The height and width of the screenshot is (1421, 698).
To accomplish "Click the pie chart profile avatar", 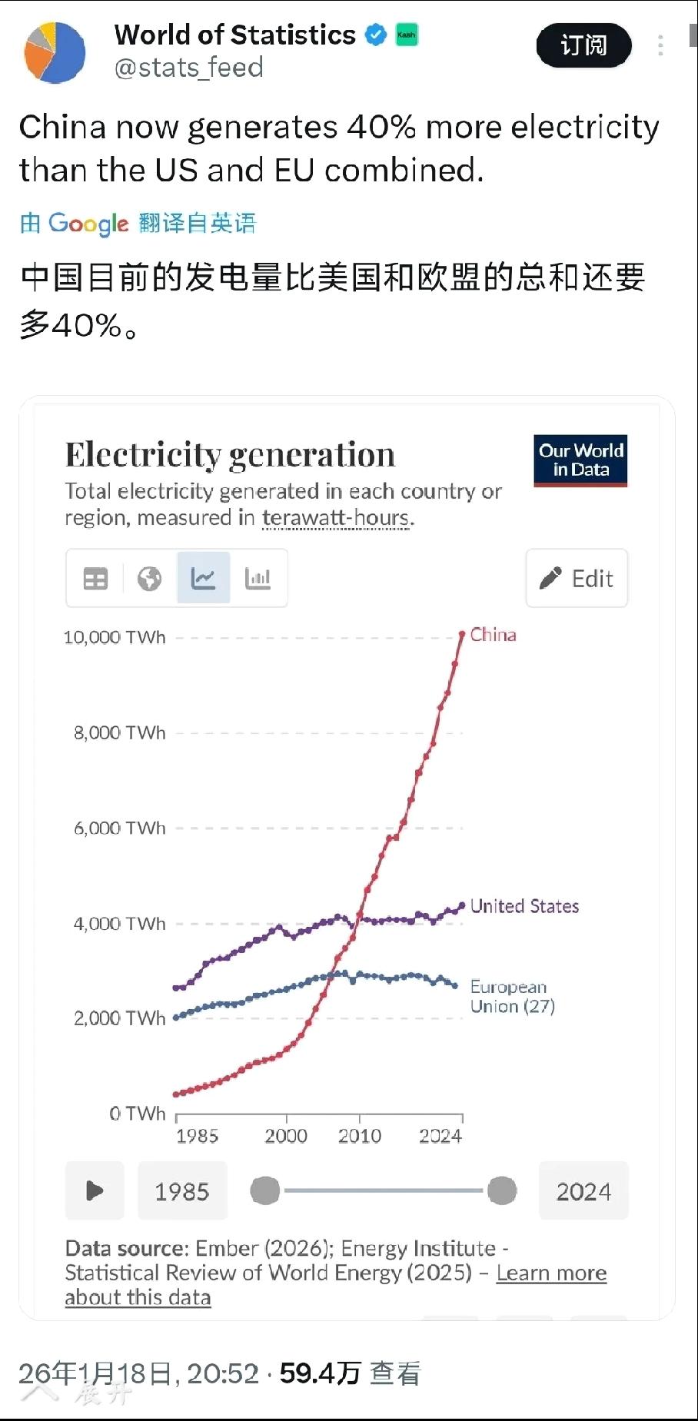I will pyautogui.click(x=55, y=52).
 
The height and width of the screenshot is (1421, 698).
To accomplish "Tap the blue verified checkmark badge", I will pyautogui.click(x=375, y=35).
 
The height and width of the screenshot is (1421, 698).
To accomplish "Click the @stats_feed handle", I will pyautogui.click(x=188, y=68).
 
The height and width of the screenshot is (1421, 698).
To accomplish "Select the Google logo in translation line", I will pyautogui.click(x=88, y=223).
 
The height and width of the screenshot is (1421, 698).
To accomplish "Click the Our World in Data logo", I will pyautogui.click(x=580, y=460).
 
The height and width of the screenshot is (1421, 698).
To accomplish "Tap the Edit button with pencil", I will pyautogui.click(x=577, y=578).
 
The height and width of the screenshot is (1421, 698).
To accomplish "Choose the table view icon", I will pyautogui.click(x=95, y=578).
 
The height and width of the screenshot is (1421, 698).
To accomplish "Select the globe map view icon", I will pyautogui.click(x=149, y=578).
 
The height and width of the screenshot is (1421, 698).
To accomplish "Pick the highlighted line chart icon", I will pyautogui.click(x=203, y=578).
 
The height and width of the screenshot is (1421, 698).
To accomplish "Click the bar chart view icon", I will pyautogui.click(x=258, y=578).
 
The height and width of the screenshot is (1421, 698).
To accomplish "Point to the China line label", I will pyautogui.click(x=493, y=635).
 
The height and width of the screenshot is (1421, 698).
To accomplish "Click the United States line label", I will pyautogui.click(x=524, y=906).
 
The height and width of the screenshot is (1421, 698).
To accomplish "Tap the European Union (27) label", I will pyautogui.click(x=512, y=996).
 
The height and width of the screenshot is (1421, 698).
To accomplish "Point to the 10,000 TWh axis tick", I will pyautogui.click(x=115, y=637).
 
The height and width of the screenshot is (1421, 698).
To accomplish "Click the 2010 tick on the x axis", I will pyautogui.click(x=360, y=1135).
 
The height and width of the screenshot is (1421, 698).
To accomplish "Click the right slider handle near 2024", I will pyautogui.click(x=502, y=1190).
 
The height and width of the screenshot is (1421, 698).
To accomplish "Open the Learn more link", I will pyautogui.click(x=551, y=1273).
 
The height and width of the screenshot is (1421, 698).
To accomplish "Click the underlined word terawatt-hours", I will pyautogui.click(x=335, y=517).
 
